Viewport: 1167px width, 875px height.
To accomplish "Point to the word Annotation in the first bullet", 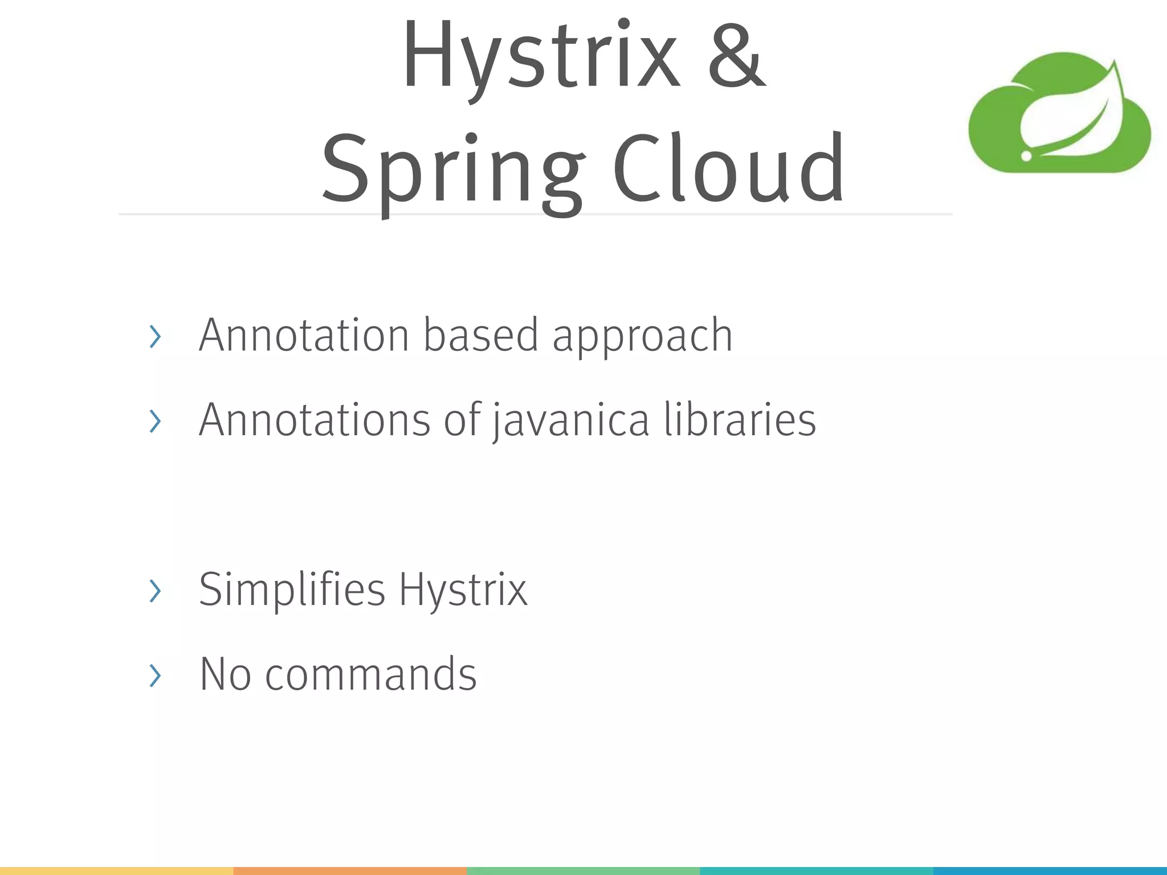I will pyautogui.click(x=304, y=335).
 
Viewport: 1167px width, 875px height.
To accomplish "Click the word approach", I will pyautogui.click(x=642, y=337).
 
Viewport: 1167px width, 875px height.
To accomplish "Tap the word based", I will pyautogui.click(x=480, y=335).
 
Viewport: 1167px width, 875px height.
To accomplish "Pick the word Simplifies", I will pyautogui.click(x=292, y=589).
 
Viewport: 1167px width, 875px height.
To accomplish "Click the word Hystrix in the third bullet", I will pyautogui.click(x=463, y=590).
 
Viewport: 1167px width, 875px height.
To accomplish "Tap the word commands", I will pyautogui.click(x=371, y=674).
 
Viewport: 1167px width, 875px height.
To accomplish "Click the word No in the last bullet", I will pyautogui.click(x=226, y=674).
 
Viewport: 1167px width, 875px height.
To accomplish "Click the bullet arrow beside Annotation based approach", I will pyautogui.click(x=154, y=337).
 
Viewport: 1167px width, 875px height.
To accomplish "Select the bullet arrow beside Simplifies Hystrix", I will pyautogui.click(x=154, y=591).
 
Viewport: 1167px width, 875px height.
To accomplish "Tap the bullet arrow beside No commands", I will pyautogui.click(x=154, y=676).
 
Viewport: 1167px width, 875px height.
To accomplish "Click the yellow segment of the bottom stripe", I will pyautogui.click(x=116, y=871).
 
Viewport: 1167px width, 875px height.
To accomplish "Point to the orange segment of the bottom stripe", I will pyautogui.click(x=350, y=871).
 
